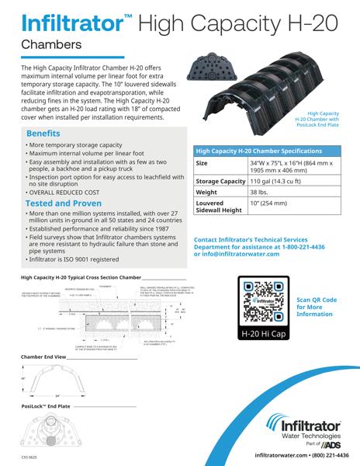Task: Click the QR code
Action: (x=268, y=306)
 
